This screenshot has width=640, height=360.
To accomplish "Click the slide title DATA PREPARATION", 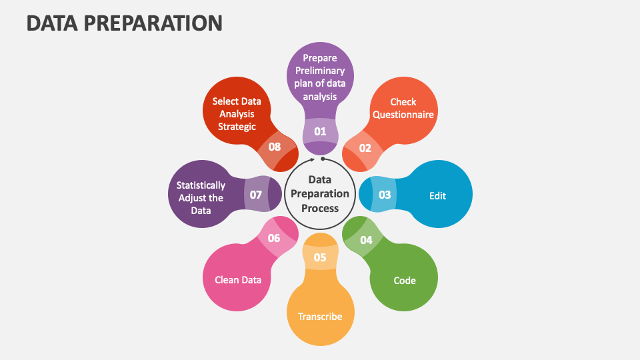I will [x=125, y=23].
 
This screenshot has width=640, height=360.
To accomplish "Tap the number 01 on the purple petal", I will [x=320, y=131].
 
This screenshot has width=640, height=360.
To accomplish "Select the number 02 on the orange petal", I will [x=365, y=148].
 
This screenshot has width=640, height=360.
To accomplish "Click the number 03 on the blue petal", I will [x=385, y=195].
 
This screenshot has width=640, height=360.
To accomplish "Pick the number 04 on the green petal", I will [x=366, y=240].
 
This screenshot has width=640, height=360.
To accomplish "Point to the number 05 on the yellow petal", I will [x=320, y=257].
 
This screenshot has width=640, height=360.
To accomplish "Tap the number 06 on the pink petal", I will [x=274, y=238].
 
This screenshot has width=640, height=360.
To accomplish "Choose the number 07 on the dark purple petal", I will [x=255, y=195].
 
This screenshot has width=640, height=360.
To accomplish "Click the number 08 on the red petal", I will [x=274, y=147].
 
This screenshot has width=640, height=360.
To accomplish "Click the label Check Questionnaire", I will [x=403, y=108].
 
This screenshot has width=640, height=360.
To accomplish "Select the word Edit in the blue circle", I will [x=437, y=196].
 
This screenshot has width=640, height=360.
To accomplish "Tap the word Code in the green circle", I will [x=404, y=281].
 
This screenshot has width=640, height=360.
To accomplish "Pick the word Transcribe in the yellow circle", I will [x=320, y=317].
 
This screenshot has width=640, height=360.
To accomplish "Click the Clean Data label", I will [x=238, y=280].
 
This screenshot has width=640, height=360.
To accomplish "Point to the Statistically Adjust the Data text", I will [x=201, y=198].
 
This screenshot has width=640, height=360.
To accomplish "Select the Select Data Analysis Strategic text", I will [x=237, y=114].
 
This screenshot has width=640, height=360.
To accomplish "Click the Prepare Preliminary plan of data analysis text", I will [x=320, y=77].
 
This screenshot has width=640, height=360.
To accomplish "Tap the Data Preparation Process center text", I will [x=320, y=194].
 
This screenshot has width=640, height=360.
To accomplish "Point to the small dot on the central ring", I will [x=323, y=159].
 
